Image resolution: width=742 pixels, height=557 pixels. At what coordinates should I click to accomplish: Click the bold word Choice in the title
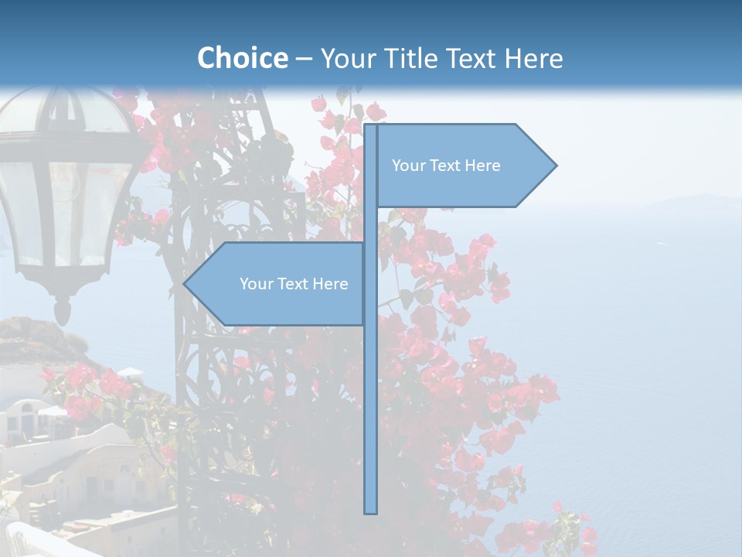point(242,58)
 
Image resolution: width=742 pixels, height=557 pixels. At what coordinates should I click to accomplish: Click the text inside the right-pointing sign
point(446,166)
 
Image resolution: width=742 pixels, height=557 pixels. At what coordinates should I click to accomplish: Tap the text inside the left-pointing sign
point(294,284)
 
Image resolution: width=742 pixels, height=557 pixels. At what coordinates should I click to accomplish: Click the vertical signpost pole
point(371,387)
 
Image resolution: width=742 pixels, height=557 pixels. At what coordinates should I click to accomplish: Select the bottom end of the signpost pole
point(371,511)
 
